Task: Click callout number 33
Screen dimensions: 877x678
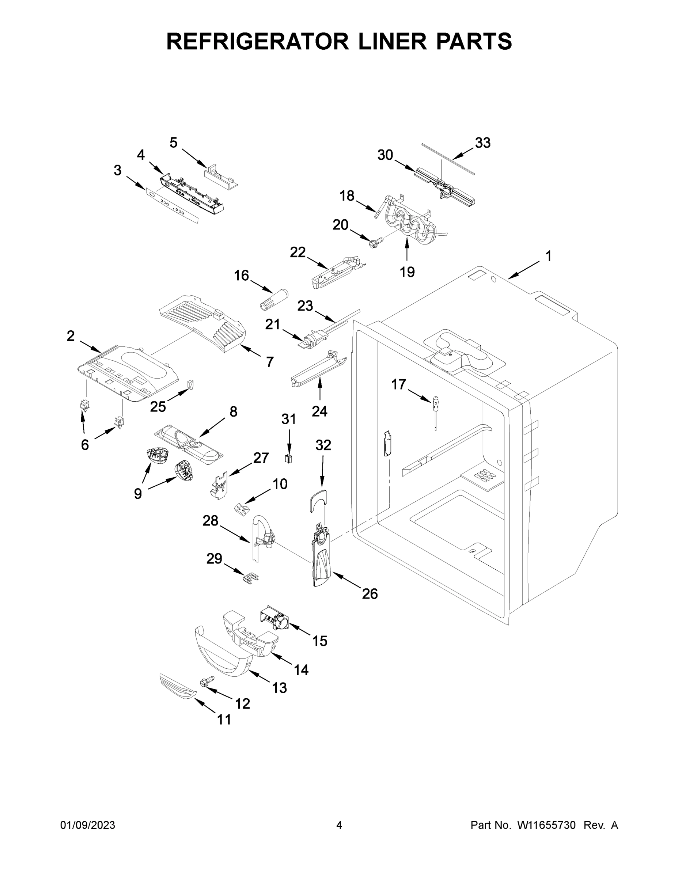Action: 483,143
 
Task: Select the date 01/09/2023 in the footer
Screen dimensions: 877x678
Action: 88,825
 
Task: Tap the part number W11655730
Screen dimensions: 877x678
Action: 546,825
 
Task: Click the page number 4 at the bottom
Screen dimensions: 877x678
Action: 339,825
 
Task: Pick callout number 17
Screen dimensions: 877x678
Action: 398,385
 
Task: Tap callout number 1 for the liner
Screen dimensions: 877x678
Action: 548,256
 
